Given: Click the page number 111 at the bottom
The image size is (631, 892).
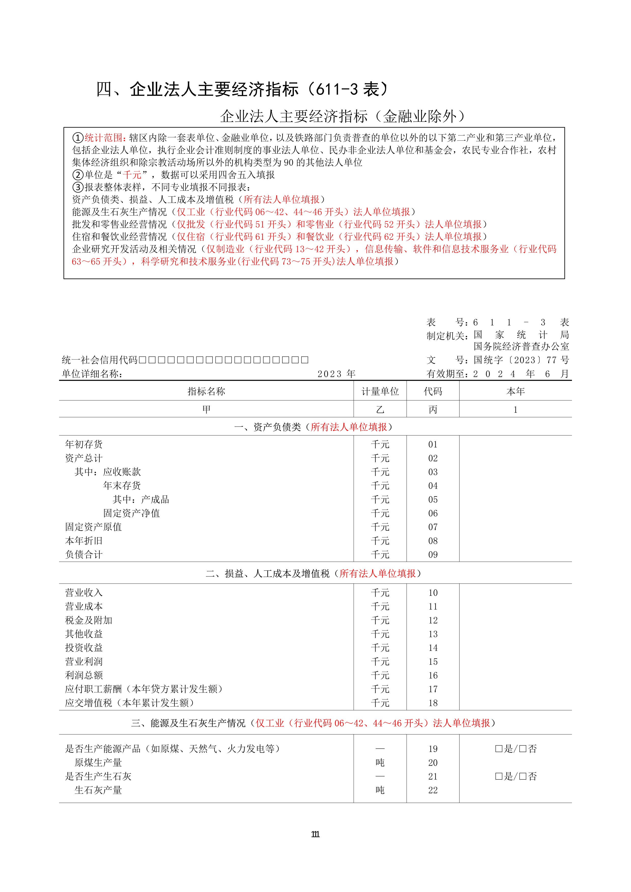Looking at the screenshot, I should (x=315, y=834).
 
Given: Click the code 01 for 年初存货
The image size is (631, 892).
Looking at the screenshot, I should (x=433, y=444).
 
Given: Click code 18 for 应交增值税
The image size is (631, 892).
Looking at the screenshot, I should (x=433, y=703).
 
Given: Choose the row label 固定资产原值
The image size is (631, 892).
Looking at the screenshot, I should (x=93, y=527).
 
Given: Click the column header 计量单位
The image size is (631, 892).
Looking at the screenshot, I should (x=380, y=392).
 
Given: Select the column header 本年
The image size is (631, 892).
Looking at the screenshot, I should (x=515, y=392).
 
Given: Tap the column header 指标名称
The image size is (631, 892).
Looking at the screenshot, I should (x=206, y=392).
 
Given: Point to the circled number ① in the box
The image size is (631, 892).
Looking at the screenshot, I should (x=78, y=138).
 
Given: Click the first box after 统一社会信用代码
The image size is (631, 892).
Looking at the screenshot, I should (x=142, y=360).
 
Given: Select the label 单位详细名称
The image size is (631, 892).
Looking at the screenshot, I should (x=92, y=374).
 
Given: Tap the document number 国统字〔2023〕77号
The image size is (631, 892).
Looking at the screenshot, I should (x=521, y=360).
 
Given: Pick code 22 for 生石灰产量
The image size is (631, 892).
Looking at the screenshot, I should (x=433, y=791).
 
